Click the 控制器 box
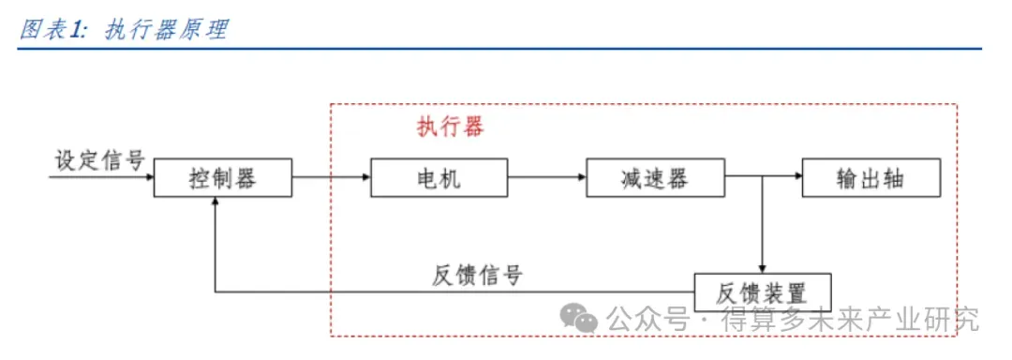point(223,177)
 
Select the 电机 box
point(439,177)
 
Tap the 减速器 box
point(655,177)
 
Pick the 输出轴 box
point(871,177)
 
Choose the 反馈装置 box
point(762,292)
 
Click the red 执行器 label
point(450,127)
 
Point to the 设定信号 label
point(99,160)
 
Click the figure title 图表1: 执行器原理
point(124,30)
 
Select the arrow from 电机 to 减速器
point(546,177)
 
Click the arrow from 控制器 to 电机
point(331,177)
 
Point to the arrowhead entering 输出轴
point(797,177)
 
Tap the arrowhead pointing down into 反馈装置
point(762,269)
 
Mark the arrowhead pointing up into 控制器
point(215,202)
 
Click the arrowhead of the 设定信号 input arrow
point(149,177)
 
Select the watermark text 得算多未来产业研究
point(851,318)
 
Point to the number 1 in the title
point(76,30)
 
